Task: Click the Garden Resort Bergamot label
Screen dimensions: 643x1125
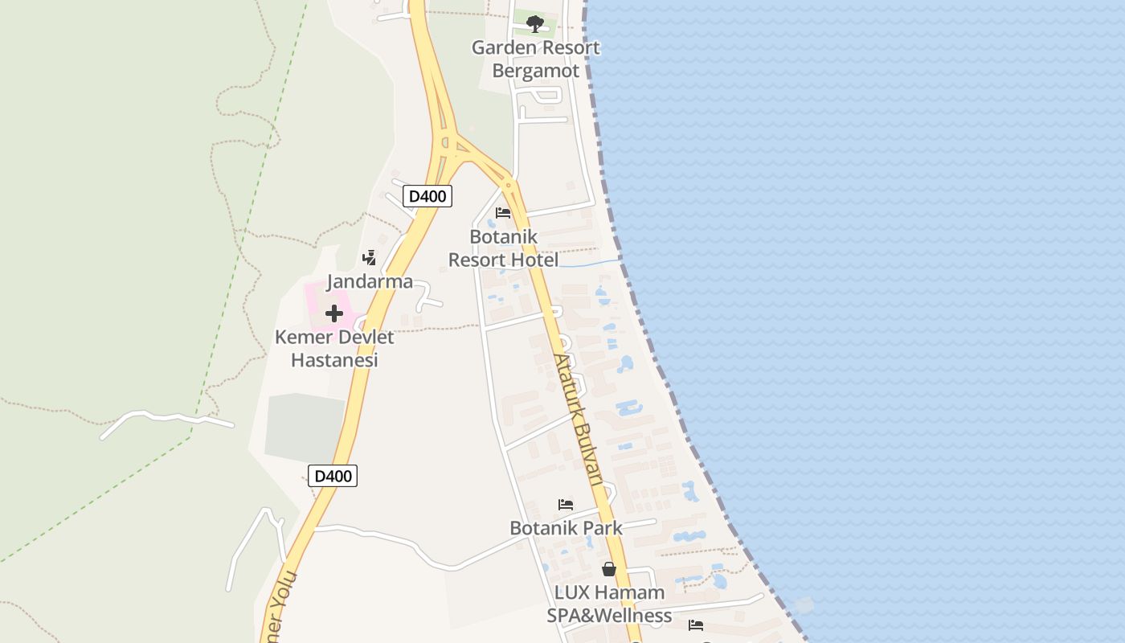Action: pos(535,59)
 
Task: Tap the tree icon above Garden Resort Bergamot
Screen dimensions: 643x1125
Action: pos(534,23)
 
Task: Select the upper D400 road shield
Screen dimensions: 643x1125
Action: pos(427,196)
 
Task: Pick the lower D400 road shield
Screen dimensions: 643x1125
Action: pos(333,476)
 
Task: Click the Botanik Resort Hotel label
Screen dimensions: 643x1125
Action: pos(503,248)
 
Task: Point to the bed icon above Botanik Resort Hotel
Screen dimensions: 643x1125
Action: pos(503,213)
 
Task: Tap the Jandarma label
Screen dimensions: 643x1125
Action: pos(370,281)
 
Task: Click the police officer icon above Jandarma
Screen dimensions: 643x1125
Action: pos(370,257)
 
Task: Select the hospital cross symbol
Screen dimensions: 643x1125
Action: pos(334,313)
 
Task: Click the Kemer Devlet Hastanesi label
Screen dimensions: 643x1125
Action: pos(334,348)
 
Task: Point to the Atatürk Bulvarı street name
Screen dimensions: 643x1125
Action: pos(578,418)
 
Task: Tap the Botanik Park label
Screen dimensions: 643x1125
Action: pos(566,528)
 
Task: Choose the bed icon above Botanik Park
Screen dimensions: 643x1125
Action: pos(566,505)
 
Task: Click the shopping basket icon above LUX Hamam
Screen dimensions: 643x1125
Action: pos(609,569)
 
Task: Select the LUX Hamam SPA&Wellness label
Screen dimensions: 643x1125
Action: pos(609,604)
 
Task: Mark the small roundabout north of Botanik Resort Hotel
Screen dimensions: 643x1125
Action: pos(508,186)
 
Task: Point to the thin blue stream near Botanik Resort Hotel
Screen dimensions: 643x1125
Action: pos(591,263)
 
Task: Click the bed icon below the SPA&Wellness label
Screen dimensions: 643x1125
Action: pos(696,625)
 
